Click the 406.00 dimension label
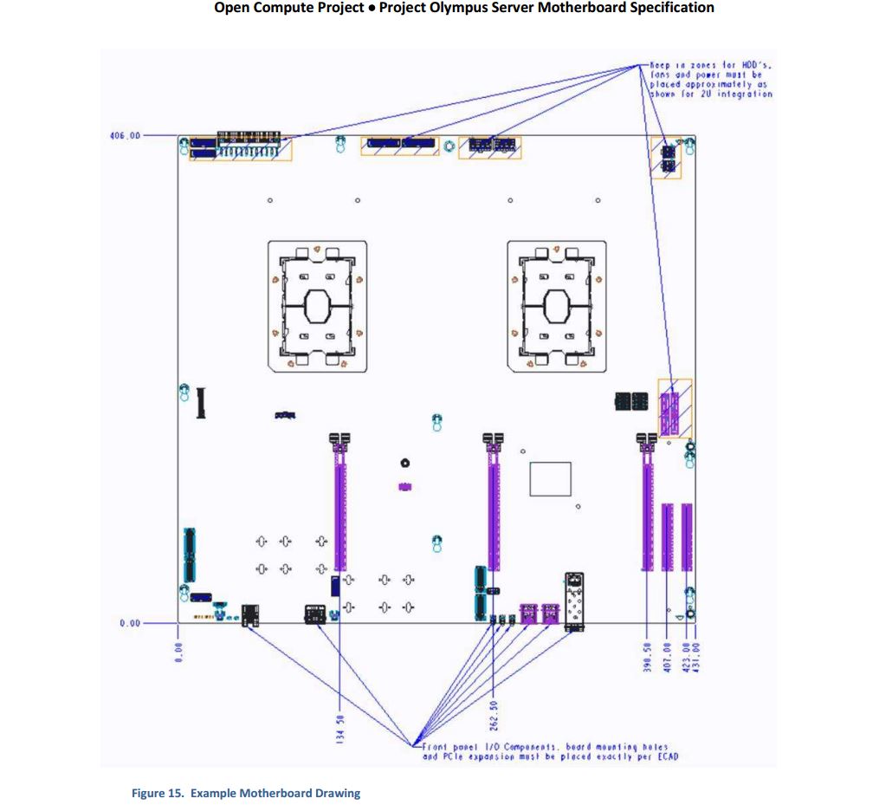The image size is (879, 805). pos(126,136)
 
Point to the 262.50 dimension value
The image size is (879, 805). pos(493,716)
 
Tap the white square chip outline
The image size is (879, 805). pos(550,479)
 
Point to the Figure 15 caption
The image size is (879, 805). pos(245,793)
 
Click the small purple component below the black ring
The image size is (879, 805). pos(404,487)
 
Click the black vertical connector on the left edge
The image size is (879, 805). pos(202,402)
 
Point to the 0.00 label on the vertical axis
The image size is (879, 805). pos(130,622)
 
